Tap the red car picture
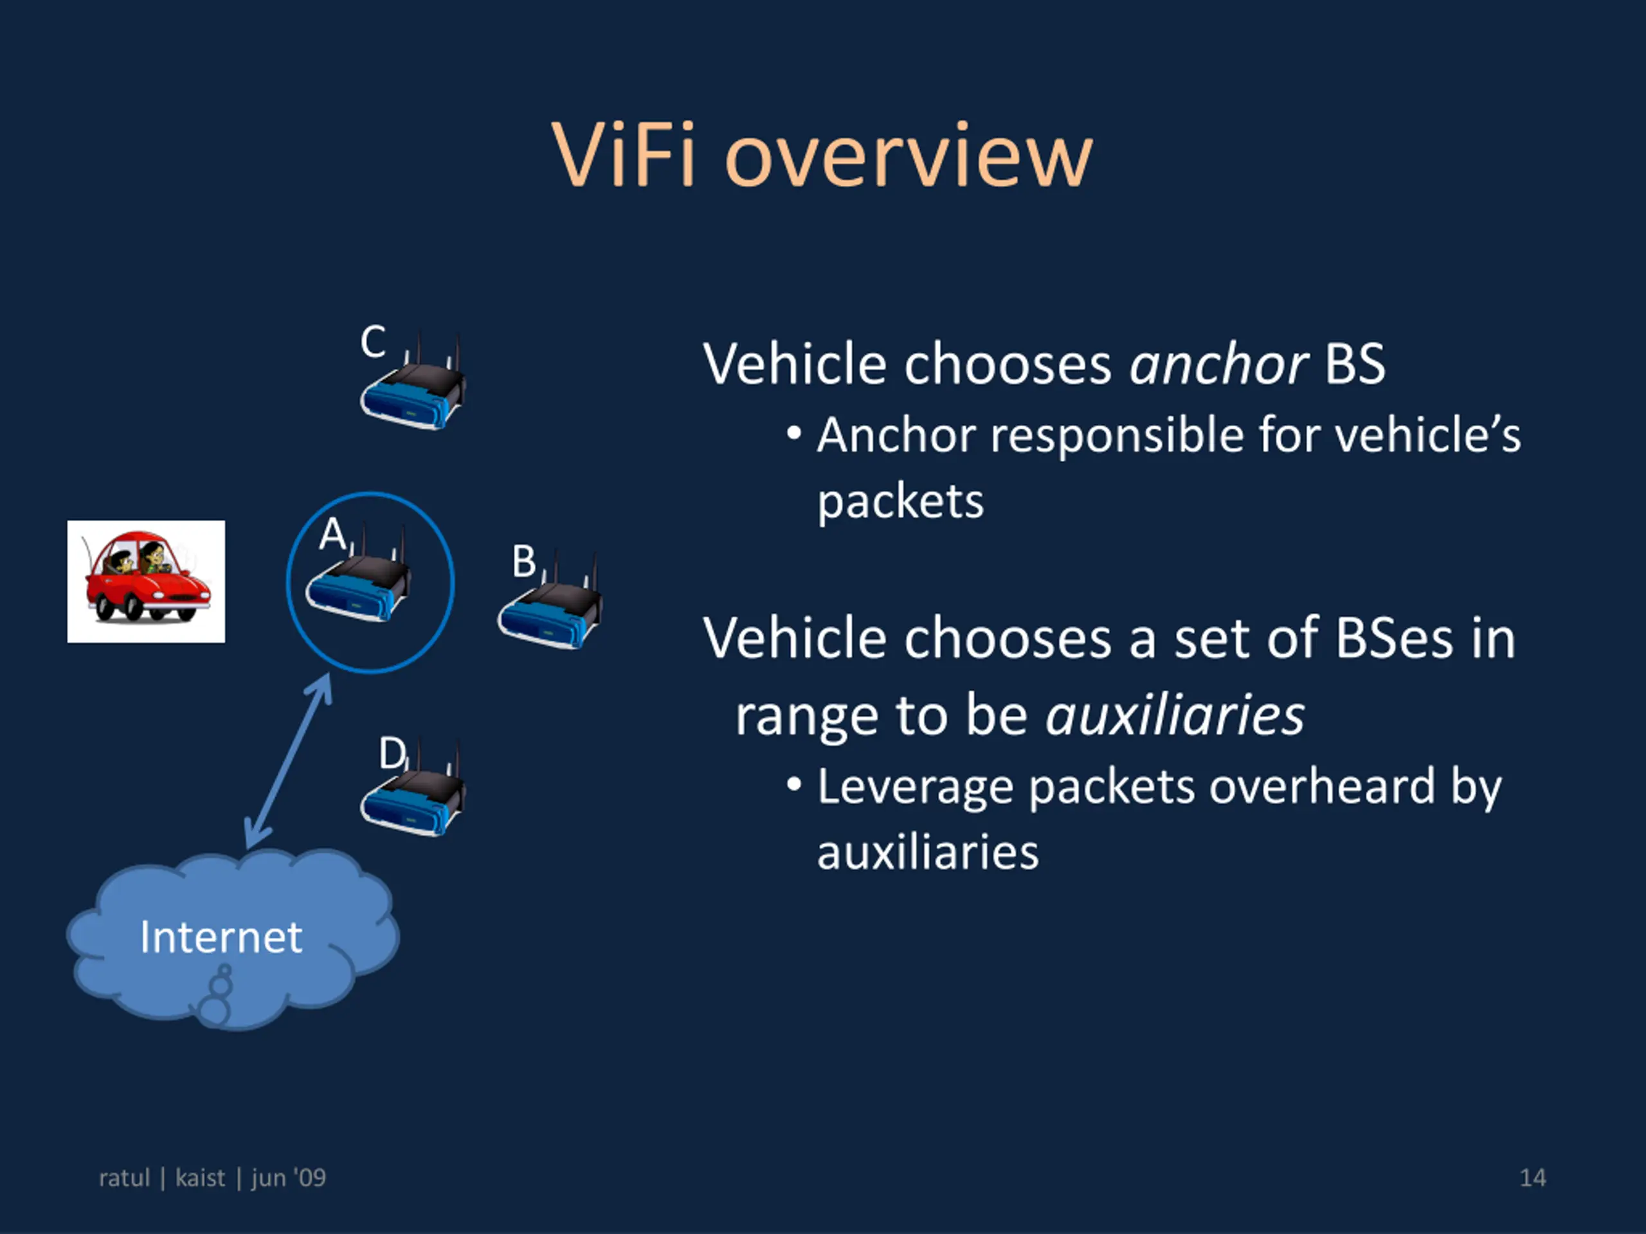146,581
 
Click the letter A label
332,533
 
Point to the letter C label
373,341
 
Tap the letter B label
524,561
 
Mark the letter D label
392,753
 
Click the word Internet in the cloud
221,936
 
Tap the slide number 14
1532,1177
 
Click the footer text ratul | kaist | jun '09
212,1177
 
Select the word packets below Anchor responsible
900,502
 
